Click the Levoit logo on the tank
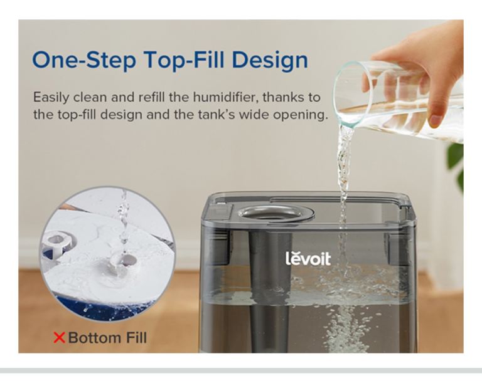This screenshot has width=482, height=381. click(x=308, y=259)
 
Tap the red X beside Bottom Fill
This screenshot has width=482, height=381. click(x=60, y=337)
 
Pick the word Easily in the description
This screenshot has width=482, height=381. click(x=51, y=98)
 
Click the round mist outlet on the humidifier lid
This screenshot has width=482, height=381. click(x=276, y=213)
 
